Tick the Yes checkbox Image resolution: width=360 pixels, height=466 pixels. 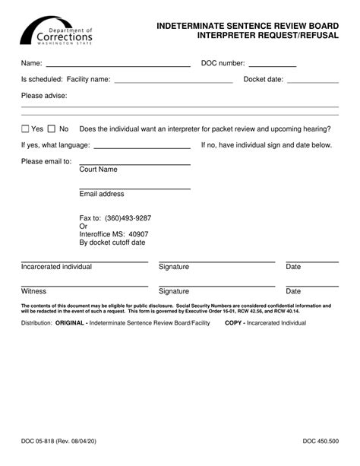pos(26,129)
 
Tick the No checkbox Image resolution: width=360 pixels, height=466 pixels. pos(52,129)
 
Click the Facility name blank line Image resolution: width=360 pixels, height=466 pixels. pos(173,80)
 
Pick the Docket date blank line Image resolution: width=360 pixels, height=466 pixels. pos(312,80)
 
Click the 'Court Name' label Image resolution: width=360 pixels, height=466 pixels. pos(99,170)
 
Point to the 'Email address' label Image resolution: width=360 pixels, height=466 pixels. pos(102,194)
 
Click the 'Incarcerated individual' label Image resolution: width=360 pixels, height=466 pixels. pos(56,267)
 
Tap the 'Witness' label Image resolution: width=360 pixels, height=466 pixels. pos(33,291)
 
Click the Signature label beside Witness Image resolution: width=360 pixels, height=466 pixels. pos(174,291)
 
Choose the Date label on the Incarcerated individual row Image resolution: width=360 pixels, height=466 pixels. pos(293,267)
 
